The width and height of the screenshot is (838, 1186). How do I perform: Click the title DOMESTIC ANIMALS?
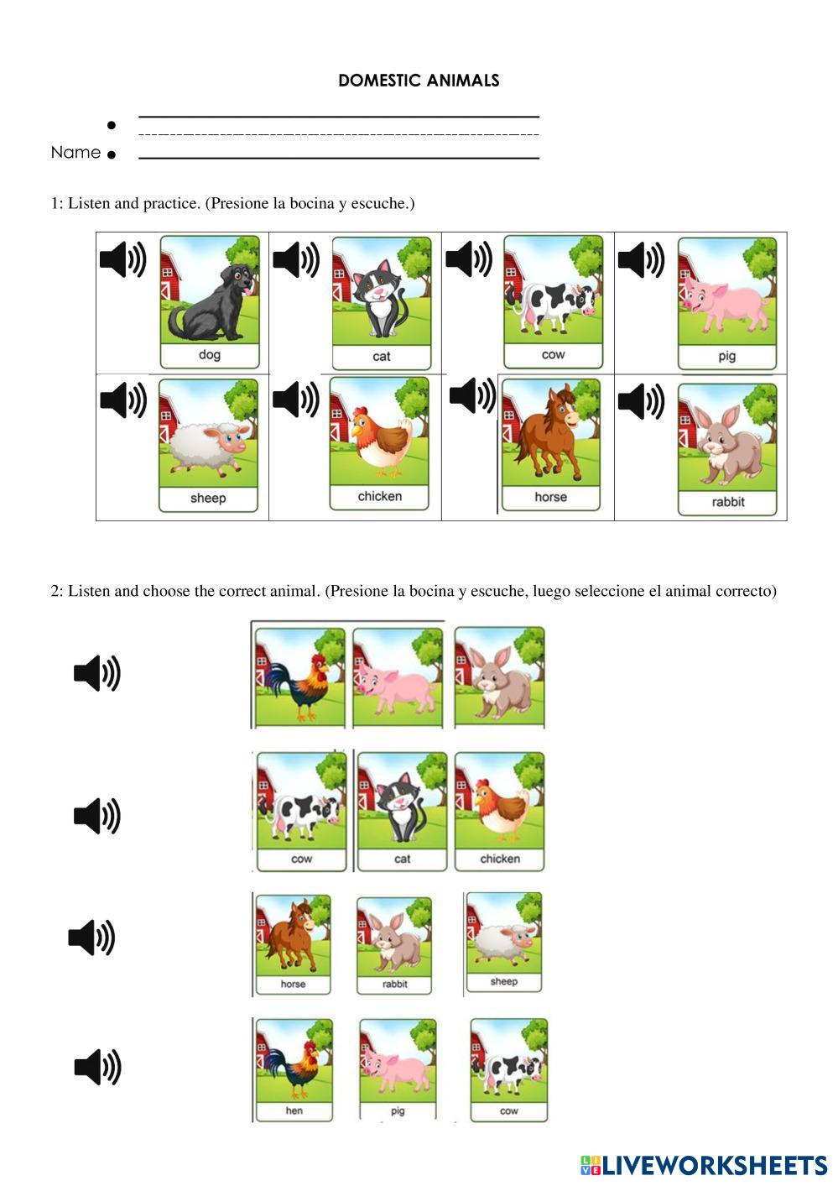pyautogui.click(x=419, y=81)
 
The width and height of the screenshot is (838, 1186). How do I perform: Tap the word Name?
pyautogui.click(x=75, y=153)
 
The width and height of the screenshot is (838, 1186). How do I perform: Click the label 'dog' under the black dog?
pyautogui.click(x=210, y=354)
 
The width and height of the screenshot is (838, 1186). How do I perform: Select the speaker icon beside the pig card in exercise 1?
pyautogui.click(x=641, y=259)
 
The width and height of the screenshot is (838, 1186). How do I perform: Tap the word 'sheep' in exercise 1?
pyautogui.click(x=208, y=499)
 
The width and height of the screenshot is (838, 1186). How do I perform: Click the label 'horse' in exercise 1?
pyautogui.click(x=551, y=497)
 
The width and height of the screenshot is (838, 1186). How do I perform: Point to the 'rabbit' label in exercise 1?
pyautogui.click(x=728, y=501)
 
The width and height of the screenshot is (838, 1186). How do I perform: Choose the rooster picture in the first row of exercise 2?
pyautogui.click(x=300, y=677)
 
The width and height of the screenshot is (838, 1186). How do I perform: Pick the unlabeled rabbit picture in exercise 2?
pyautogui.click(x=499, y=677)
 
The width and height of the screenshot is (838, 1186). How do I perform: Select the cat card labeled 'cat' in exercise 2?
pyautogui.click(x=402, y=811)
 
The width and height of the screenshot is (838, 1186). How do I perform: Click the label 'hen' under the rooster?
pyautogui.click(x=294, y=1110)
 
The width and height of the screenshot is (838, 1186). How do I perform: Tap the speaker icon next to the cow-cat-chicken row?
pyautogui.click(x=96, y=816)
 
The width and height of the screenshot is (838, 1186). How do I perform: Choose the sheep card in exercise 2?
pyautogui.click(x=503, y=942)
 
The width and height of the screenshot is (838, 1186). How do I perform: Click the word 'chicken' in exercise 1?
pyautogui.click(x=380, y=496)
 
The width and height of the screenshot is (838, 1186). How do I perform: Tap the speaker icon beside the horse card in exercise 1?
pyautogui.click(x=472, y=395)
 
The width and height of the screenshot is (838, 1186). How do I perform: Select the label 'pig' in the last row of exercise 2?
pyautogui.click(x=398, y=1110)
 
